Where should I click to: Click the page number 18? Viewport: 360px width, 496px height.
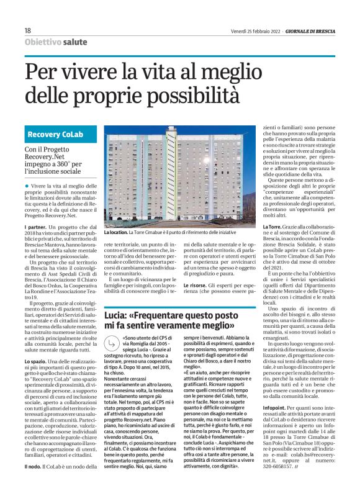click(27, 30)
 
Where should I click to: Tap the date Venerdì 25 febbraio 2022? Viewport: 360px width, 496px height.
click(252, 30)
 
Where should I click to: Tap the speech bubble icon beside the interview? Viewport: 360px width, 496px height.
click(110, 340)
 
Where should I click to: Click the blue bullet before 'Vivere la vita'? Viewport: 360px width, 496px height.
click(27, 186)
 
